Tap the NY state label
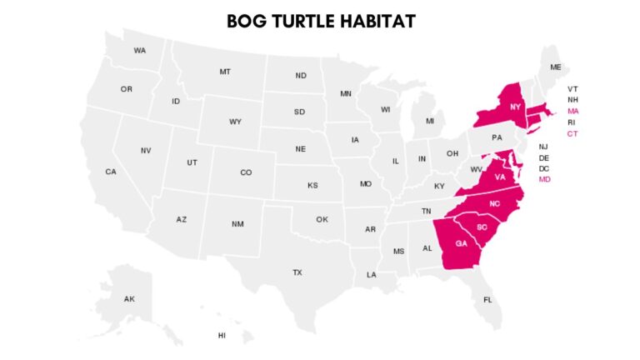[516, 107]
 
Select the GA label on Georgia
[461, 243]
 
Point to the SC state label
[482, 227]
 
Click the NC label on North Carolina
[495, 204]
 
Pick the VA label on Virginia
[500, 177]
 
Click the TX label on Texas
[297, 272]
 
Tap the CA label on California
[111, 172]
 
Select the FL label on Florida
[488, 299]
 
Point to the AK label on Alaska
[129, 298]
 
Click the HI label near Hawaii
[222, 335]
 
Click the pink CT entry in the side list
[572, 134]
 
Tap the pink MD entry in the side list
[544, 179]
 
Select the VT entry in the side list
[572, 89]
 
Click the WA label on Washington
[140, 51]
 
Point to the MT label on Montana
[225, 72]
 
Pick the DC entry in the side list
[544, 168]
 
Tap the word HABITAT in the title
[377, 21]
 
